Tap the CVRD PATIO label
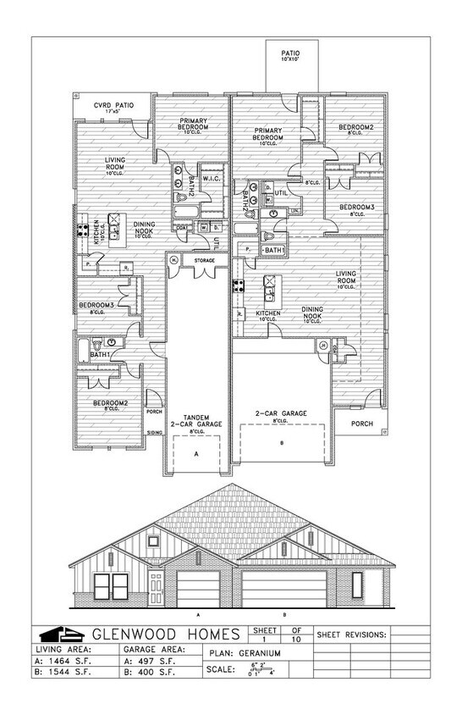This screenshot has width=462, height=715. (111, 106)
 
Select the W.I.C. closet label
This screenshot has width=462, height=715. (212, 177)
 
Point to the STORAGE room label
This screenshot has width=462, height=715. (204, 259)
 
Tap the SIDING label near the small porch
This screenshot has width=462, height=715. (155, 431)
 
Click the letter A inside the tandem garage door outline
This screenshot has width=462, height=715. (195, 454)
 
